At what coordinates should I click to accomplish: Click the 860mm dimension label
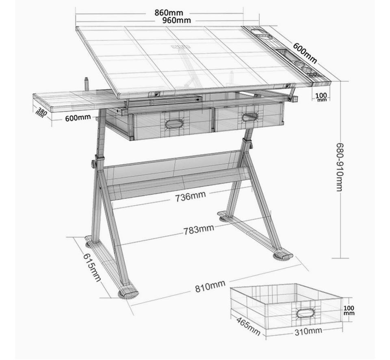point(169,13)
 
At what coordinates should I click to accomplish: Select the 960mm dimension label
point(177,20)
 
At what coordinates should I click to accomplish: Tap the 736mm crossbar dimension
point(191,196)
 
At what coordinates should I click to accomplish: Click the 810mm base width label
point(210,287)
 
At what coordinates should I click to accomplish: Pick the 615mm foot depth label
point(92,267)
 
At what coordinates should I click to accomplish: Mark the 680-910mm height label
point(340,167)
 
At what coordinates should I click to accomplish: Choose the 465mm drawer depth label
point(248,326)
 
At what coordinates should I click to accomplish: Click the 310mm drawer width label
point(308,331)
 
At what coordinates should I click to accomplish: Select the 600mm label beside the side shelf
point(78,118)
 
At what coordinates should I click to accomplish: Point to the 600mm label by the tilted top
point(305,53)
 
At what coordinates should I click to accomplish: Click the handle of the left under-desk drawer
point(173,123)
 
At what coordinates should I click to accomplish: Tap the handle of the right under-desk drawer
point(250,117)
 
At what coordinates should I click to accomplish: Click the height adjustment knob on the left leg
point(94,164)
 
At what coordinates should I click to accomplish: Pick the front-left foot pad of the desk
point(128,294)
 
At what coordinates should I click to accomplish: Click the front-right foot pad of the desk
point(283,257)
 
